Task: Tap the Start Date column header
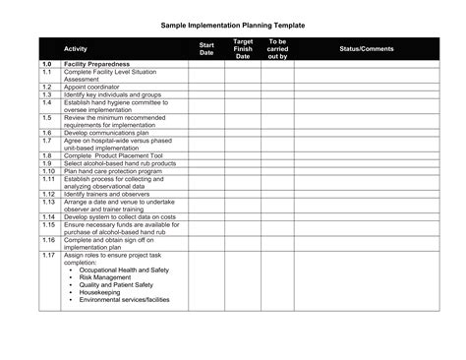(206, 48)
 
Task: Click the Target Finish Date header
(243, 48)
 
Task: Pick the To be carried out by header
(277, 48)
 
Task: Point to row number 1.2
(47, 87)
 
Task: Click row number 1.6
(47, 132)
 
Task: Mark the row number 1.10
(48, 169)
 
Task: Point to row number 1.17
(48, 254)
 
